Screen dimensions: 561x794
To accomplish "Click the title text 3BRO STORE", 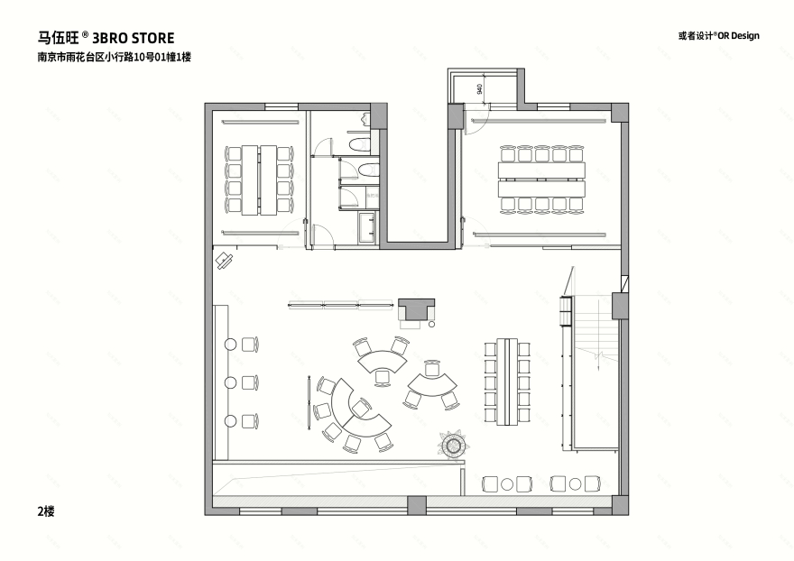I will click(x=134, y=39).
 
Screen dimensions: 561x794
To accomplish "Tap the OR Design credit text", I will click(x=718, y=36).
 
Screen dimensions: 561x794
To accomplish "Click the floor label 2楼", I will click(x=46, y=511).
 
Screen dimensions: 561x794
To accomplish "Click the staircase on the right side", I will click(x=596, y=361).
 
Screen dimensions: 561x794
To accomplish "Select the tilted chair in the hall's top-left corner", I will click(x=223, y=261).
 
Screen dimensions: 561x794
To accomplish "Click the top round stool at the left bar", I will click(x=231, y=344).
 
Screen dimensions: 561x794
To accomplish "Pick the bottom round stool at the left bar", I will click(x=231, y=420).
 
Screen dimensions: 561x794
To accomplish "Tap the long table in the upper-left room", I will click(x=260, y=179).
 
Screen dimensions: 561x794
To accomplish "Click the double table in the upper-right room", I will click(x=542, y=179).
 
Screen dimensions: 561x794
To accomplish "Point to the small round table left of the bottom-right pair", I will click(x=507, y=484).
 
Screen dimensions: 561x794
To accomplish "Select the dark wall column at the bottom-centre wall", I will click(x=416, y=504).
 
